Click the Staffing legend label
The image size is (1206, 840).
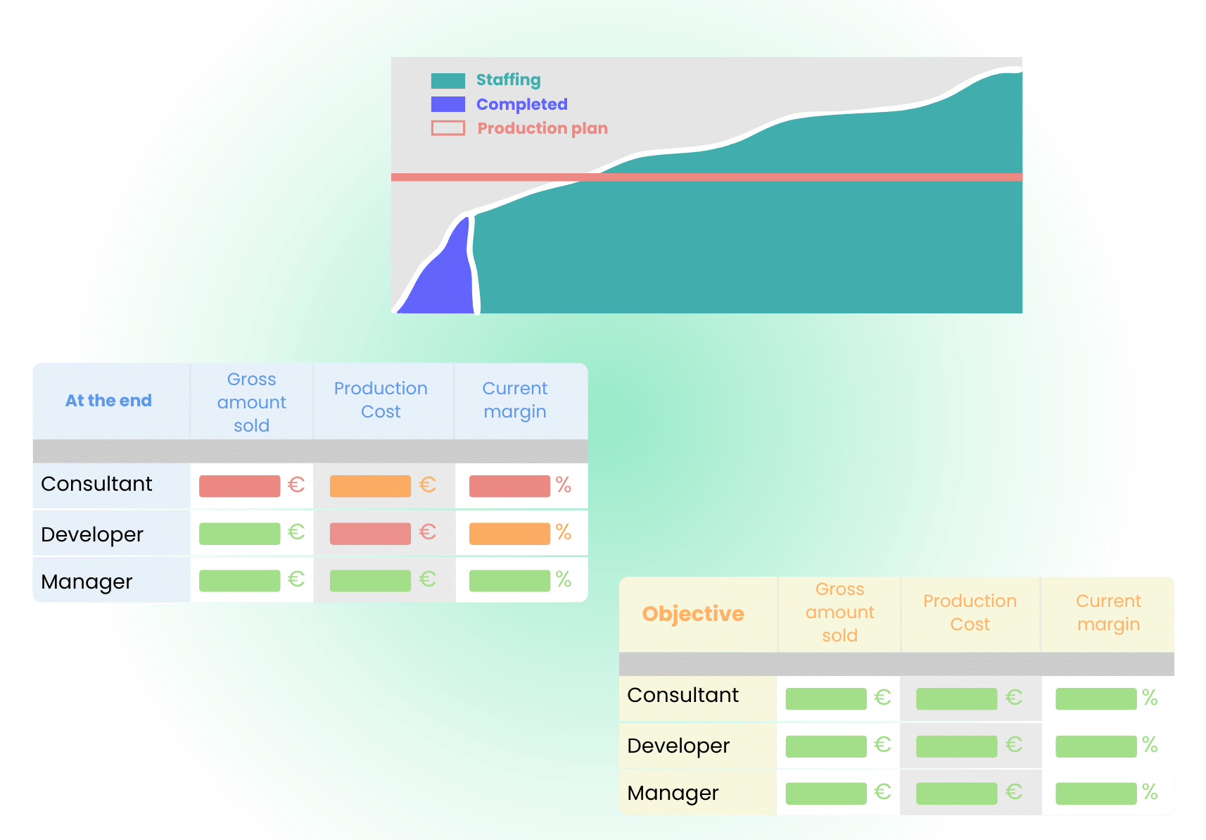point(508,80)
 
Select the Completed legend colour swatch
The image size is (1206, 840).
point(448,104)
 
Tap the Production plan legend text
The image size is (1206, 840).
point(542,128)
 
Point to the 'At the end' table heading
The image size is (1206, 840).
point(108,401)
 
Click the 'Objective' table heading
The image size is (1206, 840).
point(693,614)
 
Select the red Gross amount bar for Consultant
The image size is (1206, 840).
point(239,486)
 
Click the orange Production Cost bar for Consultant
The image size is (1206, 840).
point(370,486)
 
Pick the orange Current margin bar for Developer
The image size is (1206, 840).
point(509,533)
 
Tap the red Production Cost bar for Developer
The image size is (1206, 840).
point(370,533)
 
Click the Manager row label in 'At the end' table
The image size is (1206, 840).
point(87,582)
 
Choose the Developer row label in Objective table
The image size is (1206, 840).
point(678,746)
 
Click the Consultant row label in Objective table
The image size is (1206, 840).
point(683,695)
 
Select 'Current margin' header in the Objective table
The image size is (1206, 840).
point(1108,613)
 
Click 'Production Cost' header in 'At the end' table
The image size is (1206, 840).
point(381,400)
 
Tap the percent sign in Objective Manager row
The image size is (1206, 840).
point(1150,792)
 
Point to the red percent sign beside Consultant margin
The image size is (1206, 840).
point(563,485)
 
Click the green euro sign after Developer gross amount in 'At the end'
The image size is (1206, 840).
point(296,532)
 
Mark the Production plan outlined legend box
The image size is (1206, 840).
point(448,128)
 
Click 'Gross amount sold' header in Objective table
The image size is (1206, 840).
point(839,613)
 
